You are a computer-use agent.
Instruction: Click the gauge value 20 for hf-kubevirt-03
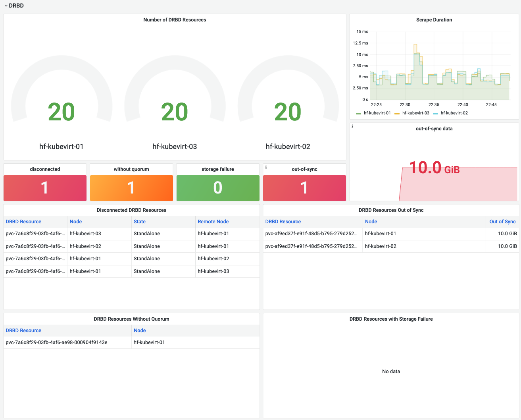(x=175, y=112)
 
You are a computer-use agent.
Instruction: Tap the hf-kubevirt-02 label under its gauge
(x=288, y=147)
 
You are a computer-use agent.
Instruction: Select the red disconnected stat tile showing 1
(x=45, y=188)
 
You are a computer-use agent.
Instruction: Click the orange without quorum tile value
(x=131, y=188)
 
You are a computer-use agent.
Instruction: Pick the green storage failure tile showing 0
(x=218, y=188)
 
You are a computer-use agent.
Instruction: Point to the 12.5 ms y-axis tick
(x=360, y=43)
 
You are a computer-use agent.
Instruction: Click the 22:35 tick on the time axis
(x=434, y=105)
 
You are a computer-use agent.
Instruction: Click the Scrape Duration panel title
(x=434, y=20)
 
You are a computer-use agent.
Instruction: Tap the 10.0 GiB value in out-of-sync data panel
(x=434, y=168)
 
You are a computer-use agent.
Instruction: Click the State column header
(x=140, y=222)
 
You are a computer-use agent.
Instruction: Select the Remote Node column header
(x=213, y=222)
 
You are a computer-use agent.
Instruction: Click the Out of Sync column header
(x=502, y=222)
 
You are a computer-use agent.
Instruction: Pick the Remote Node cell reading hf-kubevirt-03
(x=213, y=271)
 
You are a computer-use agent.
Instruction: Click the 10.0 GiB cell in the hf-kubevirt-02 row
(x=507, y=246)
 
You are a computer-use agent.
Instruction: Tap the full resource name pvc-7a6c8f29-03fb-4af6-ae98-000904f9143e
(x=56, y=343)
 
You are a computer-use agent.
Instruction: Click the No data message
(x=391, y=372)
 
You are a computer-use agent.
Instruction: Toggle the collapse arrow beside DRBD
(x=6, y=6)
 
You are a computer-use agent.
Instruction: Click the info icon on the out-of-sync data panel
(x=352, y=126)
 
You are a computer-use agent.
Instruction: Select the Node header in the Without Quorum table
(x=140, y=331)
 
